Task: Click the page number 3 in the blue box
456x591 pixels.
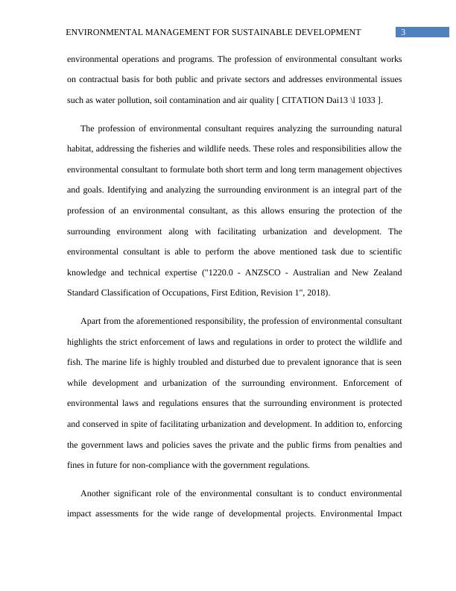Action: [403, 32]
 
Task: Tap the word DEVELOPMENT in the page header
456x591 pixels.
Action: [326, 32]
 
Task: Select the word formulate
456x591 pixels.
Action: [184, 169]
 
